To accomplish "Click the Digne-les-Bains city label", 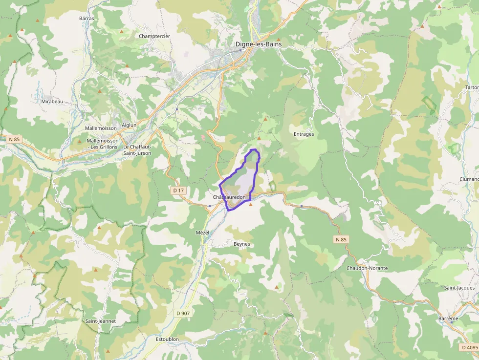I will (258, 44).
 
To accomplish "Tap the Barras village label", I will (86, 19).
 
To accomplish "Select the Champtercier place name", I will (154, 36).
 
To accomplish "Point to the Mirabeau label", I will (52, 101).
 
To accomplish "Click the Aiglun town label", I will (129, 125).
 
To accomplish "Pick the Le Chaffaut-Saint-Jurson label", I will (137, 150).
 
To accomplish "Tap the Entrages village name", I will (304, 134).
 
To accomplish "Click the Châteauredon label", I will (229, 197).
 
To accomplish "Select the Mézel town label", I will (202, 233).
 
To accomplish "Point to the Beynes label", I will (241, 243).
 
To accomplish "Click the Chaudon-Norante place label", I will (367, 268).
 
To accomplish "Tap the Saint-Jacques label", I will (459, 288).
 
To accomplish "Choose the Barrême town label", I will (449, 318).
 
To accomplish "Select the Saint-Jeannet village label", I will (101, 321).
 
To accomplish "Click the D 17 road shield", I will (178, 190).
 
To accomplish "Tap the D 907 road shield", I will (181, 313).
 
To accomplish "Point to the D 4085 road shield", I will (469, 347).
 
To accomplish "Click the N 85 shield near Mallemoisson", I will (14, 139).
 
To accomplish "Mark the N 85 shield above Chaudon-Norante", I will (341, 239).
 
